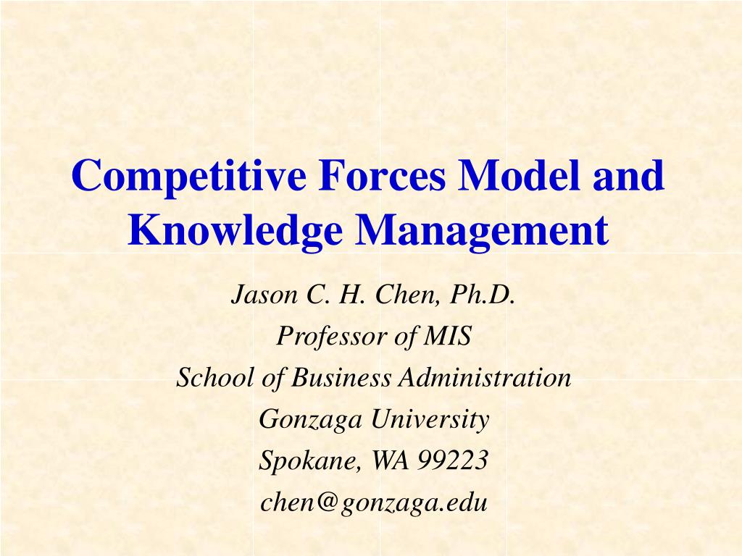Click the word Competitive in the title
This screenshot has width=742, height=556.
click(189, 177)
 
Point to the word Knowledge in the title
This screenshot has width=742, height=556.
click(235, 230)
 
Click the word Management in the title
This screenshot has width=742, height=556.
click(482, 230)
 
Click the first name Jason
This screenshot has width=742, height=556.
click(264, 295)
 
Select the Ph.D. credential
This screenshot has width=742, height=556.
click(482, 295)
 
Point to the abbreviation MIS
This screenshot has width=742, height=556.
click(447, 336)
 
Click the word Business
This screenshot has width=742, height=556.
click(341, 377)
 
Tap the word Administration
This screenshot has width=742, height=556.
click(485, 377)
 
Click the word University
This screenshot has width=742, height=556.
click(430, 420)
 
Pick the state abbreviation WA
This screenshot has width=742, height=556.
click(390, 460)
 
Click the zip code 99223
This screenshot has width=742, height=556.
click(452, 460)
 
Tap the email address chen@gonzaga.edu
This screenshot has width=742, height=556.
click(374, 502)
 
